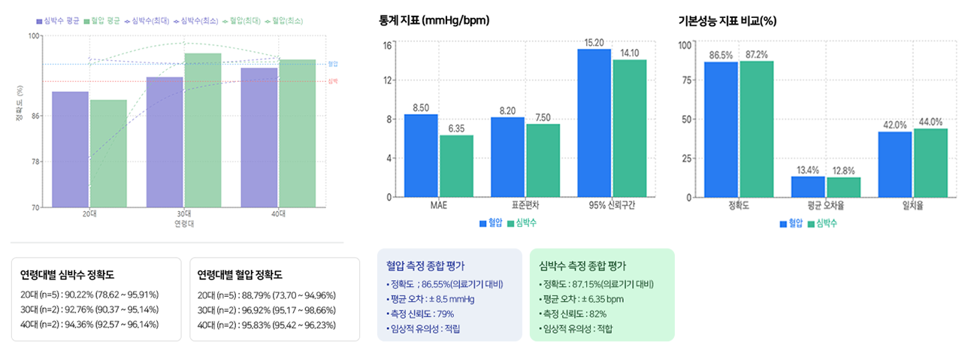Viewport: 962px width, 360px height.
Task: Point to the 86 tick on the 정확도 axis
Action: (36, 116)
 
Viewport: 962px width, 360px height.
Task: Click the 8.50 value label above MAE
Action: (421, 108)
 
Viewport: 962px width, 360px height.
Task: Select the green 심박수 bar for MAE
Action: (456, 166)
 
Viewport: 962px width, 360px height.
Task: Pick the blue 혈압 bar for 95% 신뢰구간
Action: (594, 123)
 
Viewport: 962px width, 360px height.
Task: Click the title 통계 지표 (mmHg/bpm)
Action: (434, 21)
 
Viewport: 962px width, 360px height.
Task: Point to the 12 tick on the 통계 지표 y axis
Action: (387, 80)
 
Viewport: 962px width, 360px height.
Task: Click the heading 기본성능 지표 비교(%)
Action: (727, 21)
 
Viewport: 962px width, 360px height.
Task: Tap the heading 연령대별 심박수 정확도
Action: (72, 274)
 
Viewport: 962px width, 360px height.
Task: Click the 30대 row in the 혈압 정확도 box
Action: (266, 310)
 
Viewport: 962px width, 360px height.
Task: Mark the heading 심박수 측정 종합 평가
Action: (583, 265)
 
